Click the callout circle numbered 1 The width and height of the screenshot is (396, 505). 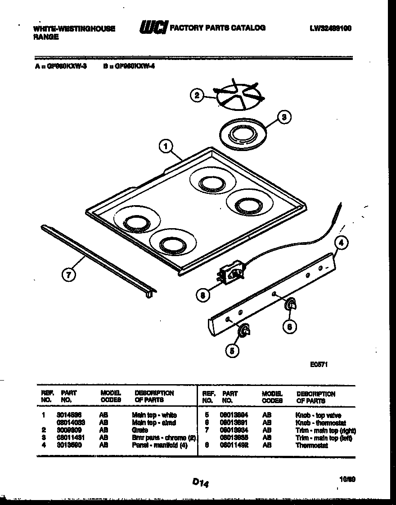166,147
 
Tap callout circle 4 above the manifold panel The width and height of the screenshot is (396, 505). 342,243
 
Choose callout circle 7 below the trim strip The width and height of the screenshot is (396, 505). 68,275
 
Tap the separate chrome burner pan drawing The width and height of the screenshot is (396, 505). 242,134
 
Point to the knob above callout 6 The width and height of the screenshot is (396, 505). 291,306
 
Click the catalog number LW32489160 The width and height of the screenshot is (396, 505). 330,28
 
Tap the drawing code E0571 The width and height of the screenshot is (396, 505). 318,365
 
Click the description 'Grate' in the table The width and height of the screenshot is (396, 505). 139,430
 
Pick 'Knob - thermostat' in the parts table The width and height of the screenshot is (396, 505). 320,423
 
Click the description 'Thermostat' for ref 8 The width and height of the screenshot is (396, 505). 312,445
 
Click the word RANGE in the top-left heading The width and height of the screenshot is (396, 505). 46,37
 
